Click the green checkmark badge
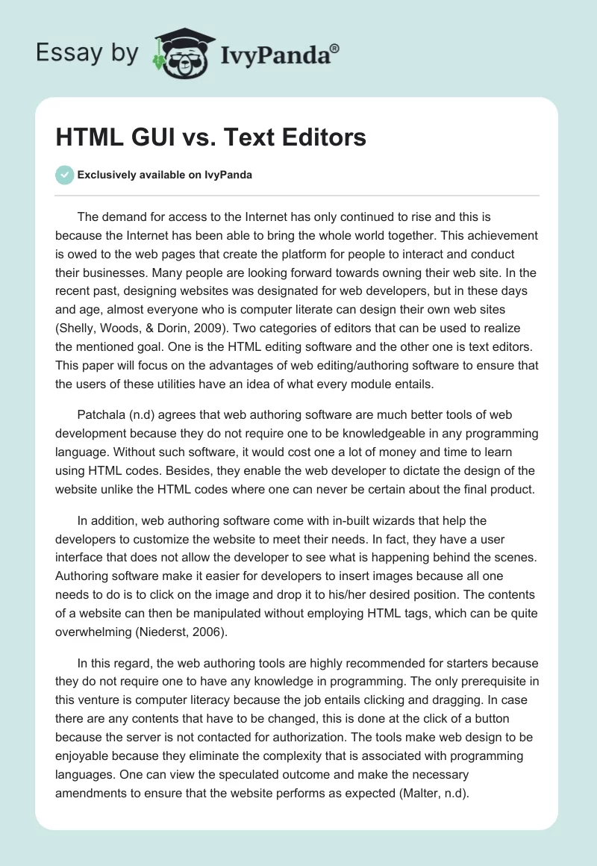64,175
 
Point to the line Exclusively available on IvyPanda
164,175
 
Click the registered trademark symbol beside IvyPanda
334,48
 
